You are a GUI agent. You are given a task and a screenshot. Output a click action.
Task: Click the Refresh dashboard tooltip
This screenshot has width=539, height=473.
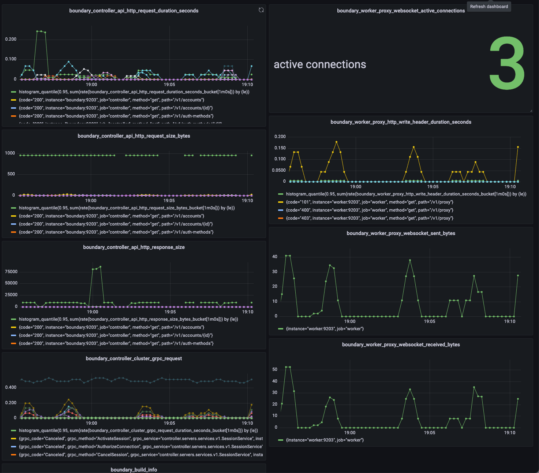pyautogui.click(x=489, y=7)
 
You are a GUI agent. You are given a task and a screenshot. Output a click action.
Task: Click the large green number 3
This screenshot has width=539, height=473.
pyautogui.click(x=507, y=63)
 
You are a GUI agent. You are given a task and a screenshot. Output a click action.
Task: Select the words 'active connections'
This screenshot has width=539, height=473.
pyautogui.click(x=320, y=64)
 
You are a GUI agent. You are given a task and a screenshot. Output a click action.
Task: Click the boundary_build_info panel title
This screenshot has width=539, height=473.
pyautogui.click(x=134, y=470)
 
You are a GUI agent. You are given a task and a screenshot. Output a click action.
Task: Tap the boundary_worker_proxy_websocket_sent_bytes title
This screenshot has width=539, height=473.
pyautogui.click(x=401, y=233)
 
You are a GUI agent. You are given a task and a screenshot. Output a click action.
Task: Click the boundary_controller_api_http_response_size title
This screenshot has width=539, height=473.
pyautogui.click(x=134, y=247)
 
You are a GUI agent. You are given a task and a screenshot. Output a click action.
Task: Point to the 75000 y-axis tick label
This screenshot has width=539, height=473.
pyautogui.click(x=11, y=272)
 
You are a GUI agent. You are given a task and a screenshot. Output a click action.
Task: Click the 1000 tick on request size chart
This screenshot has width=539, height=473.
pyautogui.click(x=10, y=153)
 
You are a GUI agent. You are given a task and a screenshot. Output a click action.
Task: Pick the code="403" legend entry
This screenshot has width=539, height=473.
pyautogui.click(x=369, y=218)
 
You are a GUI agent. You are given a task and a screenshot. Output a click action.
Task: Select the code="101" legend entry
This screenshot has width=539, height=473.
pyautogui.click(x=369, y=202)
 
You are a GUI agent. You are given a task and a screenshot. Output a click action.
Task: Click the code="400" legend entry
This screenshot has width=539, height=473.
pyautogui.click(x=369, y=210)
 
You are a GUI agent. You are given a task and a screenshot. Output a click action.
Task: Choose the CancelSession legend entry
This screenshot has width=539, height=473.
pyautogui.click(x=141, y=455)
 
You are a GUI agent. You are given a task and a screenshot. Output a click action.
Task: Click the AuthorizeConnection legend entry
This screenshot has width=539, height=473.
pyautogui.click(x=141, y=447)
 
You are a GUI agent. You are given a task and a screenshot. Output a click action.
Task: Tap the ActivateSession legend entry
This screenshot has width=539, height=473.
pyautogui.click(x=141, y=439)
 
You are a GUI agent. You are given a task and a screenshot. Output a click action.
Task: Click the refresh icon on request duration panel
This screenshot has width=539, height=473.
pyautogui.click(x=261, y=10)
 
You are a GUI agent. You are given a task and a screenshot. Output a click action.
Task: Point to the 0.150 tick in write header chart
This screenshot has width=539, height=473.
pyautogui.click(x=280, y=148)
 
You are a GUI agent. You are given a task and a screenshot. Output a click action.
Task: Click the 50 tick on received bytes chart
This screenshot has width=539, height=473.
pyautogui.click(x=275, y=369)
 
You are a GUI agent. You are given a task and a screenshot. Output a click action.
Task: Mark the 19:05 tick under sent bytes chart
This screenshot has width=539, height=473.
pyautogui.click(x=430, y=321)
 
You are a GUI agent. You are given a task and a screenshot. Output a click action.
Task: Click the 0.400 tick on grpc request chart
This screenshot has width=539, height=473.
pyautogui.click(x=11, y=387)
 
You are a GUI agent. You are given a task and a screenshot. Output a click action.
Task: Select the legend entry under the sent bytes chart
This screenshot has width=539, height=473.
pyautogui.click(x=325, y=329)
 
